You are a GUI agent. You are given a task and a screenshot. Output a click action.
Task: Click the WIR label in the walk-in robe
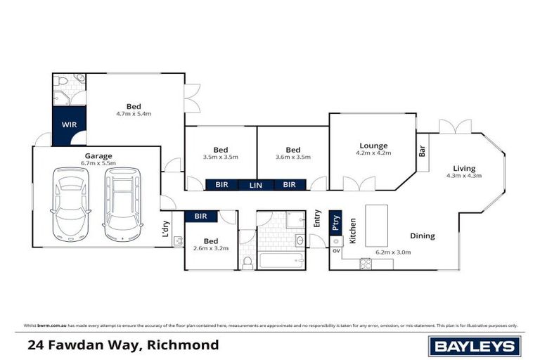[69, 124]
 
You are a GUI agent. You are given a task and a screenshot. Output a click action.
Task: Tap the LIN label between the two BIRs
[255, 185]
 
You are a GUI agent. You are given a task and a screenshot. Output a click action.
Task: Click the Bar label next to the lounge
[423, 151]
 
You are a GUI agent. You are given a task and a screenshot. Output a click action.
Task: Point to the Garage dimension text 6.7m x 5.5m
[98, 163]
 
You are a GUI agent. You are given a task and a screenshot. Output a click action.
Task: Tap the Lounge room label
[372, 146]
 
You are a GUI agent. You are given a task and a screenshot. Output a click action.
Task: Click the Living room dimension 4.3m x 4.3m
[464, 176]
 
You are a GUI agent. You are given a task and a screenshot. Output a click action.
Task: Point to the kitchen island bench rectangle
[377, 225]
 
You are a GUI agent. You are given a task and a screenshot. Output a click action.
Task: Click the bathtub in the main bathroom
[281, 262]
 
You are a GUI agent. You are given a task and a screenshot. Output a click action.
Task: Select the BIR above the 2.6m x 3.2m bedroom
[200, 217]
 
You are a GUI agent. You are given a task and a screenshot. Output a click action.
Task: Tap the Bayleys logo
[475, 345]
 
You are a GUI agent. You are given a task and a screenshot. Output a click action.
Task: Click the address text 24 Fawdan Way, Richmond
[123, 345]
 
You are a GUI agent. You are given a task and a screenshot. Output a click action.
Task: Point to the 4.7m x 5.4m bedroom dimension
[134, 113]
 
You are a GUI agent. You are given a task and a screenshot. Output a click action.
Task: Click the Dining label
[423, 236]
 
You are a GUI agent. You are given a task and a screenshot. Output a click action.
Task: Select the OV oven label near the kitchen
[336, 250]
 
